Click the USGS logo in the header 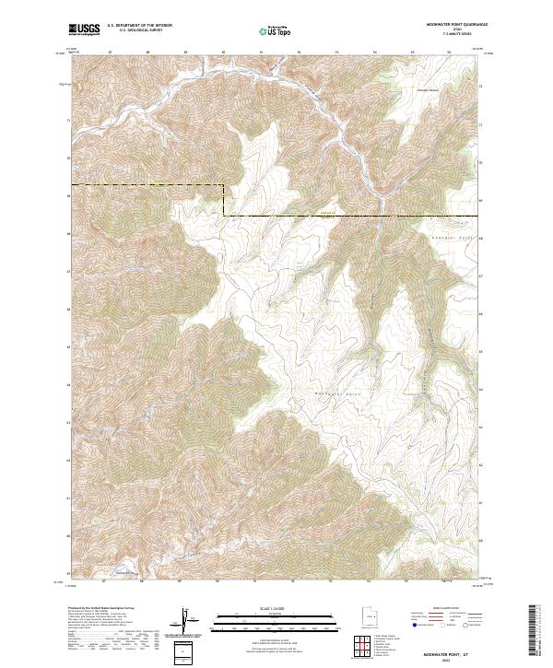tap(84, 29)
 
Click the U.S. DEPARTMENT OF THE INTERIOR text tap(139, 26)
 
